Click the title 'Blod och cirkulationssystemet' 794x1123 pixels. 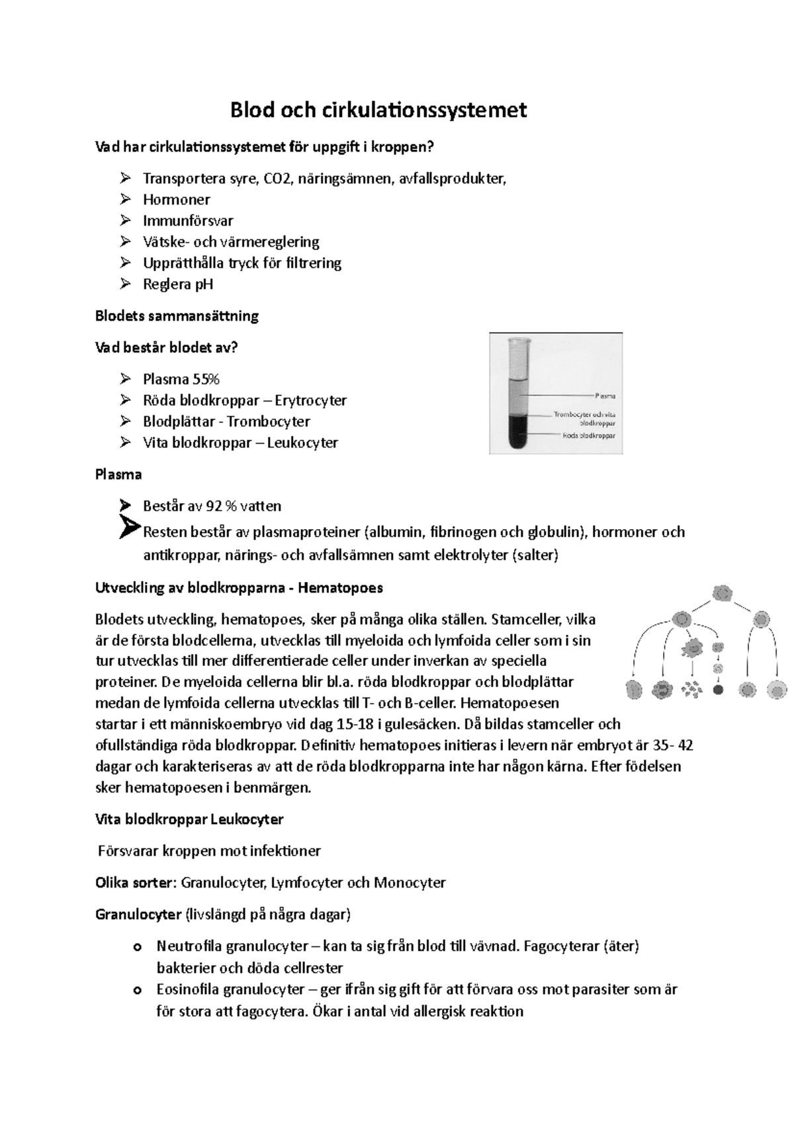378,110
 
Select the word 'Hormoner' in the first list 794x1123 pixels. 176,200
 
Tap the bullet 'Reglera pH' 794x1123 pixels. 177,284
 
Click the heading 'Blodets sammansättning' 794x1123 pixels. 177,316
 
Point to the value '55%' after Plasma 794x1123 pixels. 206,380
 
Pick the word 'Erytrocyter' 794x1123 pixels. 310,401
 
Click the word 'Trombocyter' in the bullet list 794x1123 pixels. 268,422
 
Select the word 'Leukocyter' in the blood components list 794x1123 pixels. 302,443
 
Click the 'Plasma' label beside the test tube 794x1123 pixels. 605,395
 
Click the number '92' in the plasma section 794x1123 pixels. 214,507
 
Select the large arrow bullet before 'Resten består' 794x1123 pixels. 130,528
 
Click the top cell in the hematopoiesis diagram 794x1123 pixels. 723,593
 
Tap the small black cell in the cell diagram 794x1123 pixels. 718,689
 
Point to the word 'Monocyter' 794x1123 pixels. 410,883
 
